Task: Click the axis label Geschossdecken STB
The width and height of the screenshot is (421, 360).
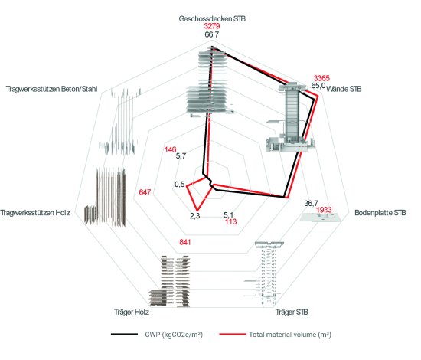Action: [x=212, y=19]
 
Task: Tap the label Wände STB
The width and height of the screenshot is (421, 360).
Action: [x=344, y=89]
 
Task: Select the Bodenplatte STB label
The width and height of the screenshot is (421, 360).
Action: [x=380, y=213]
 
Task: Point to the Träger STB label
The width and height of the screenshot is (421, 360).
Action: [x=292, y=313]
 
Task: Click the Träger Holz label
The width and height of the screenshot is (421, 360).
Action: [x=132, y=313]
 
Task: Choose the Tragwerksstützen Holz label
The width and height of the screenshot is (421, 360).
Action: [x=35, y=213]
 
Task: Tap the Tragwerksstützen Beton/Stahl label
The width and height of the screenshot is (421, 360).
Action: [x=51, y=89]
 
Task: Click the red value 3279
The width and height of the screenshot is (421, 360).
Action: [x=212, y=26]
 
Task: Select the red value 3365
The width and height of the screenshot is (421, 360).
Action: [x=321, y=78]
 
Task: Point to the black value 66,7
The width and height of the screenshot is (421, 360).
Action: [x=212, y=34]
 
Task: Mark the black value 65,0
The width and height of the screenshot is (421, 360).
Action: [x=318, y=86]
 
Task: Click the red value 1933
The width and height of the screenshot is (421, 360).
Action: [x=324, y=210]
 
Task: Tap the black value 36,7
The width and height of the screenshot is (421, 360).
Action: [x=312, y=204]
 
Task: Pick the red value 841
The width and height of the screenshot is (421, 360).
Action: [x=185, y=242]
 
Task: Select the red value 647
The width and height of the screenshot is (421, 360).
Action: [x=145, y=192]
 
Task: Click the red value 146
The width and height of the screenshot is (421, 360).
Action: [x=171, y=149]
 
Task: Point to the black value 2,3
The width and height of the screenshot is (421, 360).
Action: [x=194, y=216]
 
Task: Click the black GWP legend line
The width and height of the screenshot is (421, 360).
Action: [x=124, y=335]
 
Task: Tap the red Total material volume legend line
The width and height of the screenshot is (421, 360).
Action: [x=233, y=335]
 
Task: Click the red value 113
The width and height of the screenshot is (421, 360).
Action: [x=231, y=221]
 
